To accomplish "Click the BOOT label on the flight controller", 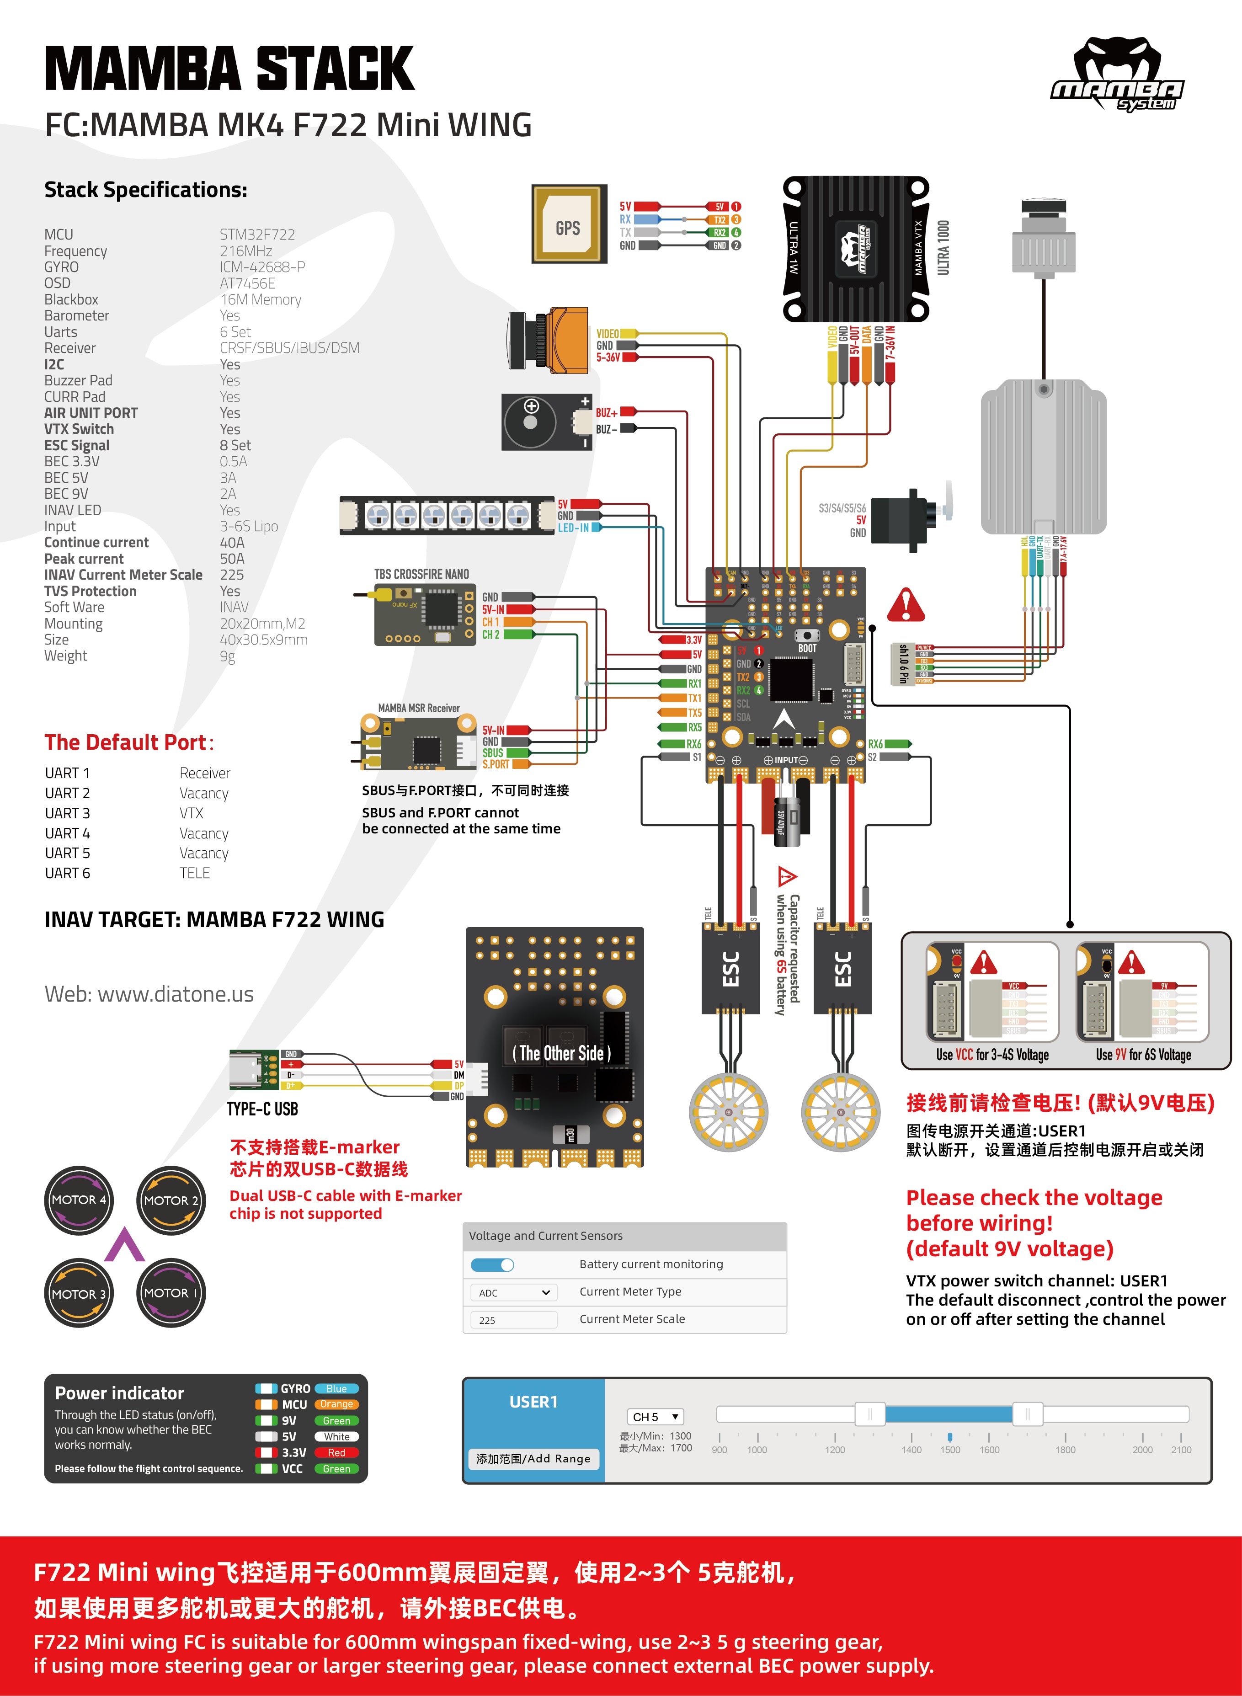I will pos(807,648).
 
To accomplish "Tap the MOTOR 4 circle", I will pos(79,1200).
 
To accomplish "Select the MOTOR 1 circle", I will pos(171,1293).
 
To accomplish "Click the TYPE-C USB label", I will pos(262,1109).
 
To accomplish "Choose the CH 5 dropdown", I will pos(656,1416).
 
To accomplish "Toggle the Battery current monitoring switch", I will pos(492,1264).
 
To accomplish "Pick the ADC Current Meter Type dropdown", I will pos(513,1292).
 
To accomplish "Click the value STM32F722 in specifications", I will pos(257,235).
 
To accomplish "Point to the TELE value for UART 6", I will pos(195,873).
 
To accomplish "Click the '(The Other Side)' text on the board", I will pos(561,1053).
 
